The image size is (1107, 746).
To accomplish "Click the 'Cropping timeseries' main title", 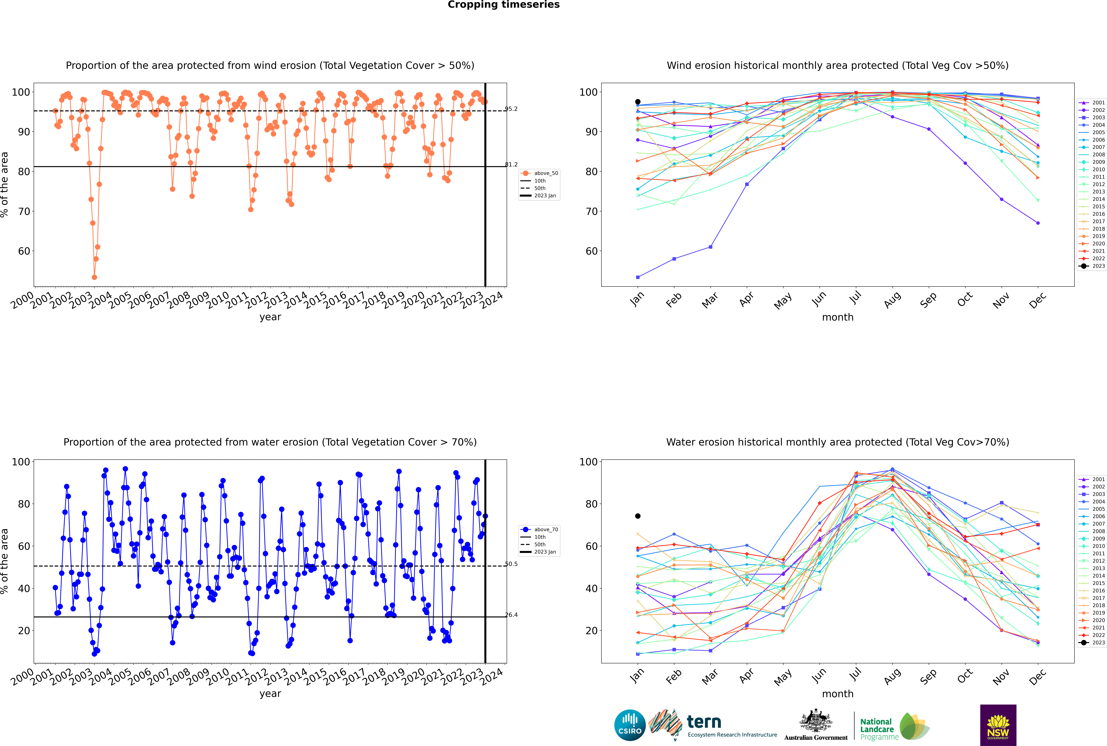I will [503, 5].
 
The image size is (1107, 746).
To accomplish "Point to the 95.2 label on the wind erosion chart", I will [511, 109].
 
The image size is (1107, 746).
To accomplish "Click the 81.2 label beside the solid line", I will [511, 165].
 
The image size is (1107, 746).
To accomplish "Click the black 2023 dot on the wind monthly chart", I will [638, 102].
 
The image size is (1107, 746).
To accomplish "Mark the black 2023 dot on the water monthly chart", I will [638, 516].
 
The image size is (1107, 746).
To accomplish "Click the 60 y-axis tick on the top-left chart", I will [24, 251].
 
